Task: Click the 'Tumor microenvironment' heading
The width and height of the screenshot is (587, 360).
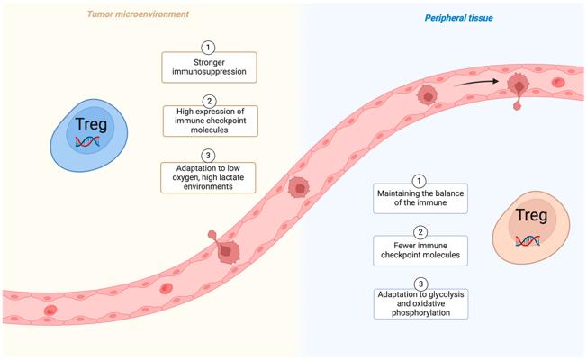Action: click(138, 14)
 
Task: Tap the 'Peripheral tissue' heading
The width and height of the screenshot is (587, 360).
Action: click(458, 18)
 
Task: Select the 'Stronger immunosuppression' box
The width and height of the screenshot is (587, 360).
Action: click(209, 67)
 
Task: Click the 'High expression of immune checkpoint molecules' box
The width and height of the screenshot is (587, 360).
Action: click(211, 121)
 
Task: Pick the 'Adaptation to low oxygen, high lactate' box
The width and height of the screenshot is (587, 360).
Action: click(208, 178)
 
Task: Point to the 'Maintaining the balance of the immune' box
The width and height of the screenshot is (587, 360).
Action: click(420, 198)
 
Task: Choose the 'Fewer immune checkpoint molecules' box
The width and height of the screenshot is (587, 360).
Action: click(420, 251)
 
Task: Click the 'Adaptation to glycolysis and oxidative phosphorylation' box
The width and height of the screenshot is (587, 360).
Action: click(420, 304)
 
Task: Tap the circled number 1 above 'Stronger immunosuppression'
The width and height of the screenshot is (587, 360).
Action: click(208, 48)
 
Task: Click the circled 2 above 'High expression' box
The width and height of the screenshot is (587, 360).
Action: click(209, 102)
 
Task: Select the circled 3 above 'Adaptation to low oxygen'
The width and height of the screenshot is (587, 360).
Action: click(208, 156)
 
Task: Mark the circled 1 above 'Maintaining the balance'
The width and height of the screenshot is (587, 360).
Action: click(419, 181)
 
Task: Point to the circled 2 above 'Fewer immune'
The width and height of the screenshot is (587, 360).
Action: click(420, 233)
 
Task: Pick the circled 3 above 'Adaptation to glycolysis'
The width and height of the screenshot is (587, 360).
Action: click(420, 284)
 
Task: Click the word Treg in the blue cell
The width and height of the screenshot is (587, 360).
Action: click(91, 124)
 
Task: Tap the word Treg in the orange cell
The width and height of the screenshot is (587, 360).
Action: click(531, 215)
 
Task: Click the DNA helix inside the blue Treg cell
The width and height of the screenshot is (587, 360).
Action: click(87, 141)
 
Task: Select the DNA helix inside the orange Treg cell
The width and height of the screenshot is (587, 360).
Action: click(528, 240)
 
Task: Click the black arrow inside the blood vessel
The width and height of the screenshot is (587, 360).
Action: click(476, 82)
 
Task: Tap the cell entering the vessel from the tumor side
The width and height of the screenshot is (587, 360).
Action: click(225, 248)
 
